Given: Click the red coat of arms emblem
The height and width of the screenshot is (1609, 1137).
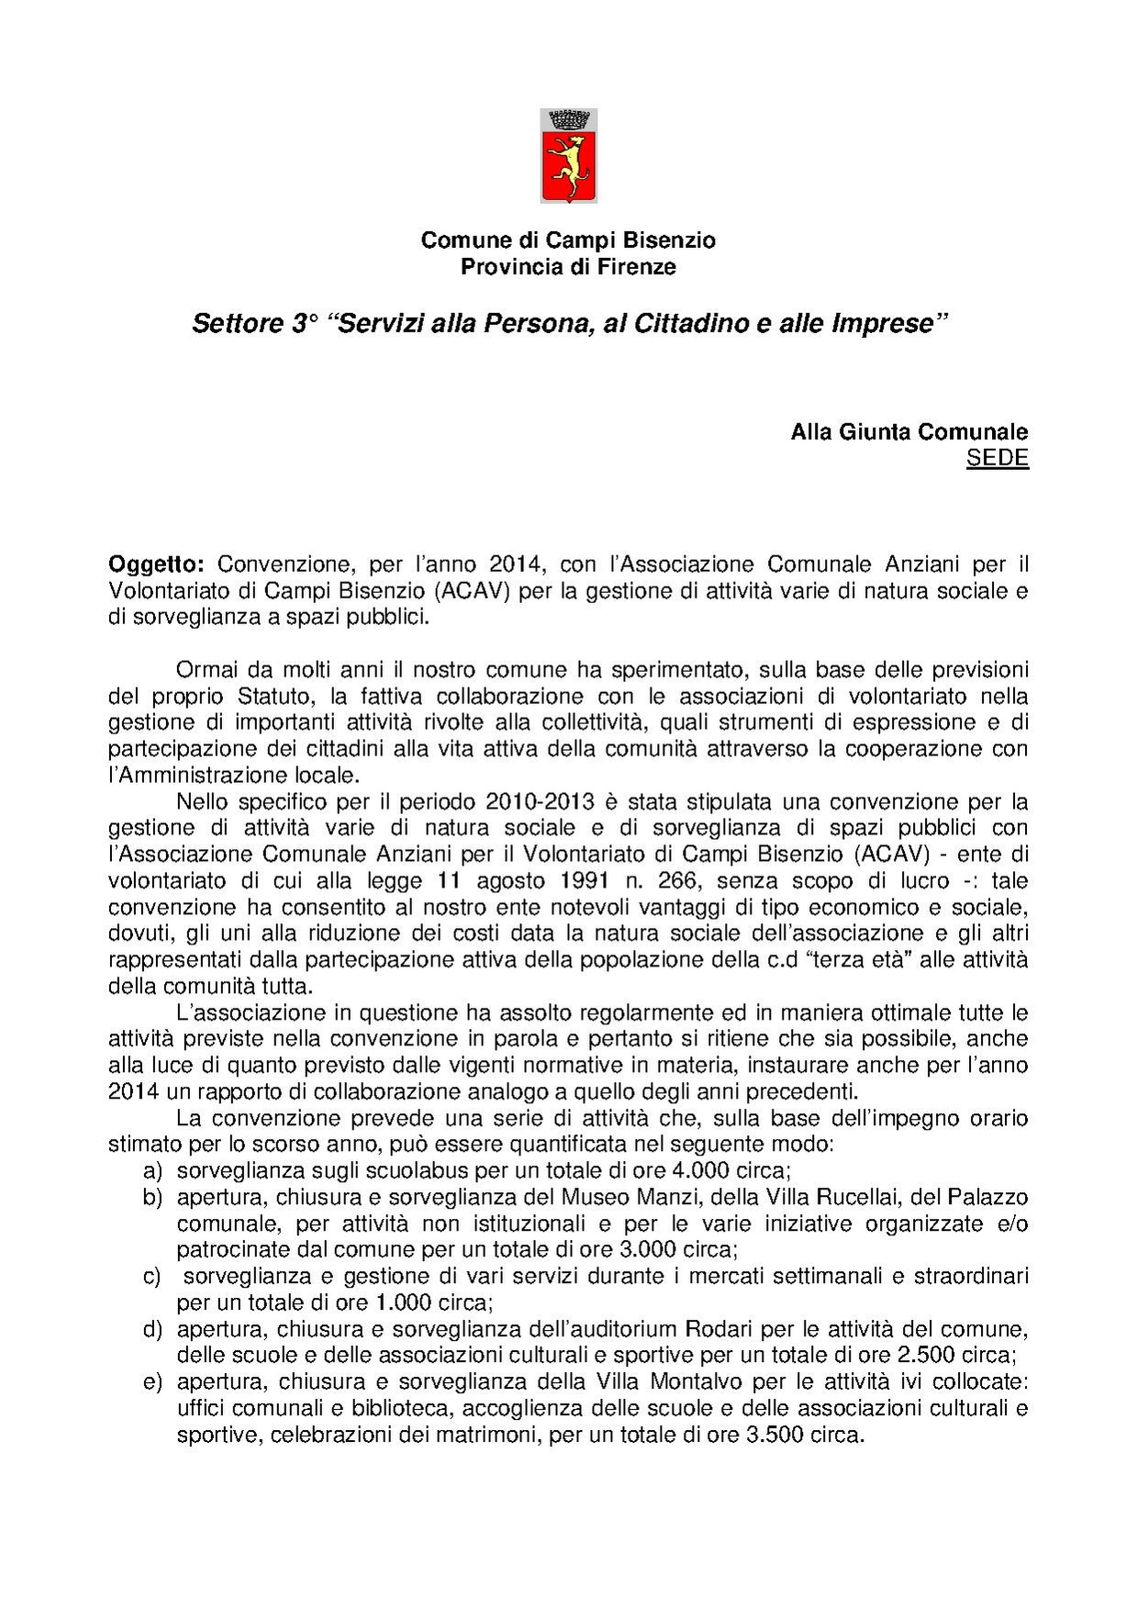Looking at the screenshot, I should pyautogui.click(x=569, y=156).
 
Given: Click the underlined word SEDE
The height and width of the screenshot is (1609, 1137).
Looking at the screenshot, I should pyautogui.click(x=997, y=459).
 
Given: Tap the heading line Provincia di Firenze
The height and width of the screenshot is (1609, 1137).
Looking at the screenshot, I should pyautogui.click(x=568, y=267).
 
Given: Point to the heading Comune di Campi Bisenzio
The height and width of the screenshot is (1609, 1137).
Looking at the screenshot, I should pyautogui.click(x=568, y=240).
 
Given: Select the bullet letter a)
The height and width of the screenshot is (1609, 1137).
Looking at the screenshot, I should pyautogui.click(x=152, y=1171).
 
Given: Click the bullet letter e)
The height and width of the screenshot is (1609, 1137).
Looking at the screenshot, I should pyautogui.click(x=152, y=1382).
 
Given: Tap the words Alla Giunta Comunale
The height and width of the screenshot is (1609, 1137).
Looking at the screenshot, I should pyautogui.click(x=908, y=432).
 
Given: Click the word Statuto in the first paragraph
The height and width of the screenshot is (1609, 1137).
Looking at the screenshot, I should pyautogui.click(x=273, y=696).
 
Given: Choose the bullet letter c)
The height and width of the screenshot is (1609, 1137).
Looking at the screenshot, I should pyautogui.click(x=152, y=1277).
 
